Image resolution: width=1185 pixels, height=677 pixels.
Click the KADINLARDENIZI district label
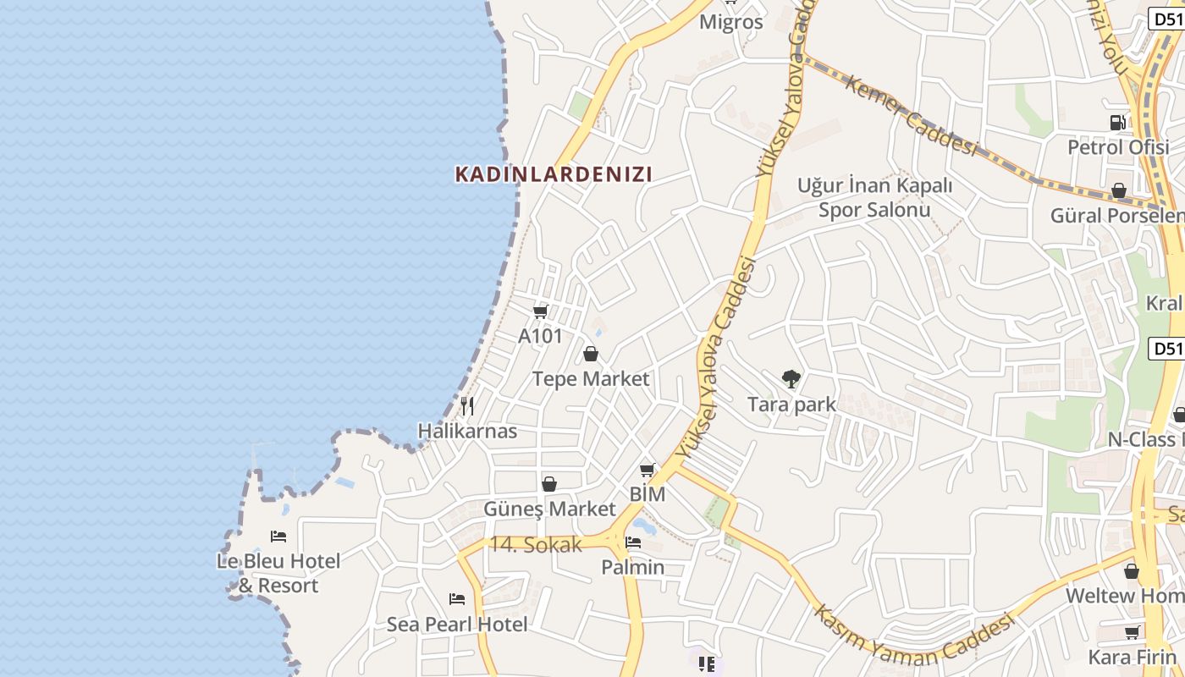[x=554, y=174]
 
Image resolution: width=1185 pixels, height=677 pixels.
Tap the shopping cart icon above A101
[x=541, y=311]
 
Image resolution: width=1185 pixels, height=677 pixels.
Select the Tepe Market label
[x=591, y=378]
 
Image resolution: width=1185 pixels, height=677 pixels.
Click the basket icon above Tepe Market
[x=591, y=354]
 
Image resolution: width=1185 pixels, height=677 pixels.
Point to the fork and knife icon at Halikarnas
[x=466, y=406]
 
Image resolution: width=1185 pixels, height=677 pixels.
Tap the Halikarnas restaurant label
[x=467, y=431]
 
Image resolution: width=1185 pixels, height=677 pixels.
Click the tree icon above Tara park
[x=791, y=378]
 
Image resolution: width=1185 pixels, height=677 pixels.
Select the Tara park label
[x=791, y=405]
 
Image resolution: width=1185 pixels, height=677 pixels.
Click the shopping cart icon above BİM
[x=648, y=470]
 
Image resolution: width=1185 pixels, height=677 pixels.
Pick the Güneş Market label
[x=549, y=509]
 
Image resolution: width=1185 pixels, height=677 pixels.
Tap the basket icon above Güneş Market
[x=549, y=484]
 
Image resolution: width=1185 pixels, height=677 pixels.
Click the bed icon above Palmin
[x=633, y=542]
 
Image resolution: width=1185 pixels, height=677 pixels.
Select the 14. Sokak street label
[x=536, y=545]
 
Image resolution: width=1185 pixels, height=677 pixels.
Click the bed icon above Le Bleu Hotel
[x=278, y=536]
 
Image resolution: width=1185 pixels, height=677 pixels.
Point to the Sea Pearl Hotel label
[x=457, y=625]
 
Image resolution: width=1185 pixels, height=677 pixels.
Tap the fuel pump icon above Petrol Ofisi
[x=1118, y=122]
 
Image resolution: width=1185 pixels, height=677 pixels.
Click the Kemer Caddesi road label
[x=912, y=117]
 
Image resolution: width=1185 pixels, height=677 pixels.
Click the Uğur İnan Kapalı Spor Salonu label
[x=874, y=197]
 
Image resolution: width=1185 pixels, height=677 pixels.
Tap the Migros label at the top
[x=731, y=22]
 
